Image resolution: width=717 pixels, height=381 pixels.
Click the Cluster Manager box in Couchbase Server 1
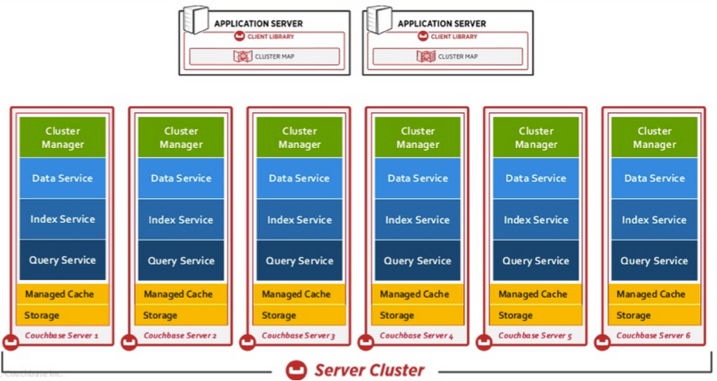pos(63,138)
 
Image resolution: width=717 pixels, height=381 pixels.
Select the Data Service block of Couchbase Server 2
pos(181,178)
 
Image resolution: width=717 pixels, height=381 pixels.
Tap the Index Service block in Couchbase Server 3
pos(299,220)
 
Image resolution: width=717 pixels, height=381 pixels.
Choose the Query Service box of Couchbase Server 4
pos(418,261)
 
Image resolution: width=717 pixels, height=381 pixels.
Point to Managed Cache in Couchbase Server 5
pos(536,294)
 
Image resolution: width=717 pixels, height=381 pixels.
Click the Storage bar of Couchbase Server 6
pos(655,316)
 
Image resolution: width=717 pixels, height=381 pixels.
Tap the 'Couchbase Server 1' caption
pos(62,336)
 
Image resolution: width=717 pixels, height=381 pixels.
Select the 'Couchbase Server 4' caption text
pos(417,336)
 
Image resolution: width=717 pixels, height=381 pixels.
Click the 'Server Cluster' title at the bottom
pos(369,370)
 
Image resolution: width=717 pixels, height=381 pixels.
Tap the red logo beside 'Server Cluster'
pos(297,370)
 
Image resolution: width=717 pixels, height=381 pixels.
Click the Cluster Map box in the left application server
pos(264,56)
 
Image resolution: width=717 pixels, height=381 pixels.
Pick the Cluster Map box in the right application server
pos(448,56)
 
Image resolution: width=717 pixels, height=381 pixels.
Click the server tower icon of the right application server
pos(379,21)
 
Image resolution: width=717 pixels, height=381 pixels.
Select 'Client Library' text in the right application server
pos(454,37)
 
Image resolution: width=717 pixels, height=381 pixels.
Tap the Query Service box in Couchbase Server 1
pos(63,260)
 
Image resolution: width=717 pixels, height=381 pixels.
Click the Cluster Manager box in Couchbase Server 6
pos(655,138)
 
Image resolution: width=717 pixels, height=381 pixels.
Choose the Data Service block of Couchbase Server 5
pos(536,178)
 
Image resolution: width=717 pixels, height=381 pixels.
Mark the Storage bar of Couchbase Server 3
pos(299,316)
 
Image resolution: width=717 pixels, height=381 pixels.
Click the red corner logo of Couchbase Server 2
pos(129,343)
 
